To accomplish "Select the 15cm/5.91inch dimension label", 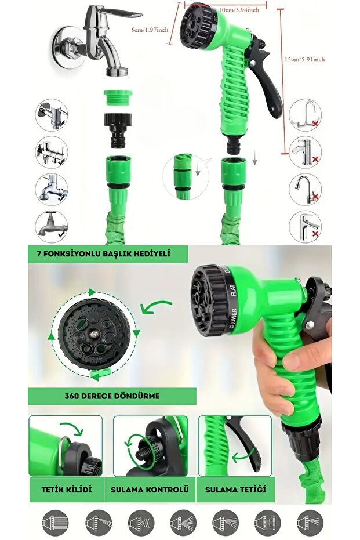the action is tap(304, 59).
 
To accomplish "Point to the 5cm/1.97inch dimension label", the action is tap(150, 30).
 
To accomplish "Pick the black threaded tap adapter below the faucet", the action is tap(118, 130).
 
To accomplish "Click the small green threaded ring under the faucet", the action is tap(118, 97).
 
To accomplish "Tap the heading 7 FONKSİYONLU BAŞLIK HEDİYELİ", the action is tap(104, 254).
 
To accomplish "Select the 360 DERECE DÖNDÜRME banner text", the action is tap(112, 396).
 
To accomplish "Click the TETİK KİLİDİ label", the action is tap(67, 490).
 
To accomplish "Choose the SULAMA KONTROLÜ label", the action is tap(150, 490).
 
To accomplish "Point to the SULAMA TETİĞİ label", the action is tap(236, 490).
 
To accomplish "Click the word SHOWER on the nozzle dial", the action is tap(234, 318).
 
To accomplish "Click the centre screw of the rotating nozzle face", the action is tap(93, 333).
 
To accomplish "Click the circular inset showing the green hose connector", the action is tap(186, 176).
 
